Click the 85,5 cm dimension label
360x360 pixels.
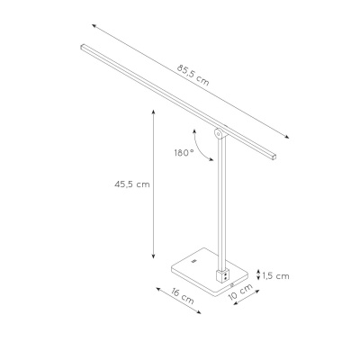tap(193, 75)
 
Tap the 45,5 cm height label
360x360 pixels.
tap(132, 184)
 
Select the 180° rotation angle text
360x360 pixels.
tap(184, 153)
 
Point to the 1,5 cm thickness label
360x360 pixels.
tap(276, 275)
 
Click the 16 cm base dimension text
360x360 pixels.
tap(183, 296)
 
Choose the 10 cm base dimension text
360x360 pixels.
tap(240, 292)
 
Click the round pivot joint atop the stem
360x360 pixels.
tap(219, 133)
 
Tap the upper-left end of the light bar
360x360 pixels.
tap(83, 47)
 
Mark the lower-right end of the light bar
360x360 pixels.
tap(273, 157)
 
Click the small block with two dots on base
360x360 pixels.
tap(222, 275)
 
